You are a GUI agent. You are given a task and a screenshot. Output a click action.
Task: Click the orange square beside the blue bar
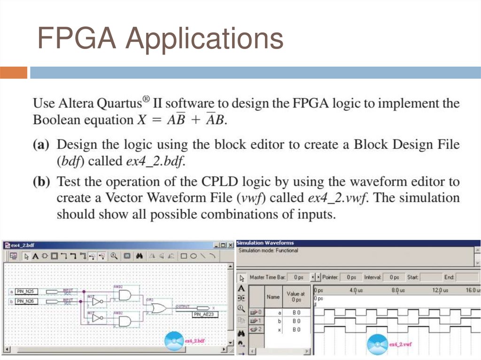pos(14,73)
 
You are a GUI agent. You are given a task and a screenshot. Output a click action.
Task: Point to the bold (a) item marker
pos(41,145)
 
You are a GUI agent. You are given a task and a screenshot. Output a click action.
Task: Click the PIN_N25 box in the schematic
pos(26,291)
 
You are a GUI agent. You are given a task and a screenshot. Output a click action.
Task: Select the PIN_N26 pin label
pos(26,301)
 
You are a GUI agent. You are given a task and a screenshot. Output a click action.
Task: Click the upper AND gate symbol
pos(125,295)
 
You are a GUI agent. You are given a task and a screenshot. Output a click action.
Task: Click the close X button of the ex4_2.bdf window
pos(230,245)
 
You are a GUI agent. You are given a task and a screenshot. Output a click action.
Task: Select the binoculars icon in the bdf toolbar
pos(139,256)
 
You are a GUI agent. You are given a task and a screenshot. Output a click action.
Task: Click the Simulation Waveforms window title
pos(265,243)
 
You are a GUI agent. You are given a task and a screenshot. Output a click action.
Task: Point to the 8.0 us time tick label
pos(398,291)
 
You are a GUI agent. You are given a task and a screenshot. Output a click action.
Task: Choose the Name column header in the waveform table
pos(273,297)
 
